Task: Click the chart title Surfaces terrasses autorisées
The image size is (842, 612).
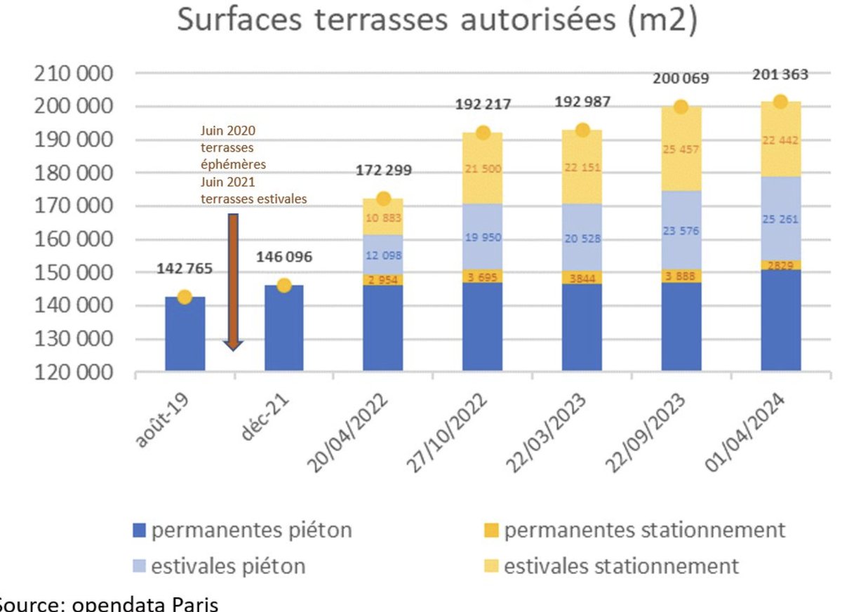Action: click(x=436, y=20)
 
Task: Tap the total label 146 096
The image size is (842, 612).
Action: click(x=284, y=258)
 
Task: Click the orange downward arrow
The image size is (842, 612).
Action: click(x=233, y=281)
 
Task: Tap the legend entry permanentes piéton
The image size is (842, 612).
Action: click(x=242, y=531)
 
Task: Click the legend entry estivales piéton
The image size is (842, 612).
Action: click(x=219, y=566)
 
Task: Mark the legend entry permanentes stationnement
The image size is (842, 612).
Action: click(x=634, y=531)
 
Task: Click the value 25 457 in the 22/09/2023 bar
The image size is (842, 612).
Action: click(x=681, y=149)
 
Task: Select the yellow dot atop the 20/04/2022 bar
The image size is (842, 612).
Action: click(x=383, y=199)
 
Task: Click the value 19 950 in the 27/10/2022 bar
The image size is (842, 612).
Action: click(x=483, y=238)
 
